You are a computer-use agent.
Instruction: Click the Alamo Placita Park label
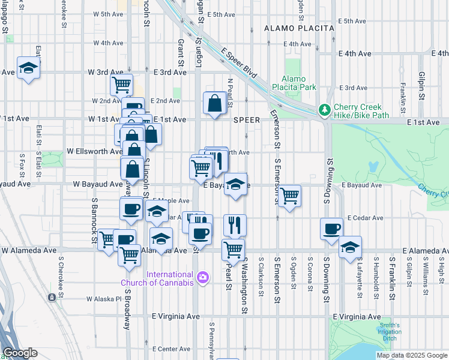[x=299, y=83]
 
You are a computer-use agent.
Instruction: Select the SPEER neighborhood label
[x=247, y=120]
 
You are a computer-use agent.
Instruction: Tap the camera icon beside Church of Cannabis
[x=203, y=277]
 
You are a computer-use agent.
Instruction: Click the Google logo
[x=20, y=353]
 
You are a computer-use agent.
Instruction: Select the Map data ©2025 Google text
[x=411, y=355]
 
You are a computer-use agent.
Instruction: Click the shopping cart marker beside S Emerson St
[x=290, y=194]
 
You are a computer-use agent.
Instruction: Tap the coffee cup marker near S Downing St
[x=331, y=229]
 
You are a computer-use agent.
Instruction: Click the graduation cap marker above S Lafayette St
[x=349, y=247]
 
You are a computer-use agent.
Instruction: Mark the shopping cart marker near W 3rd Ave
[x=121, y=85]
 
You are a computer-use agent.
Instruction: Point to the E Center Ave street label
[x=171, y=349]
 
